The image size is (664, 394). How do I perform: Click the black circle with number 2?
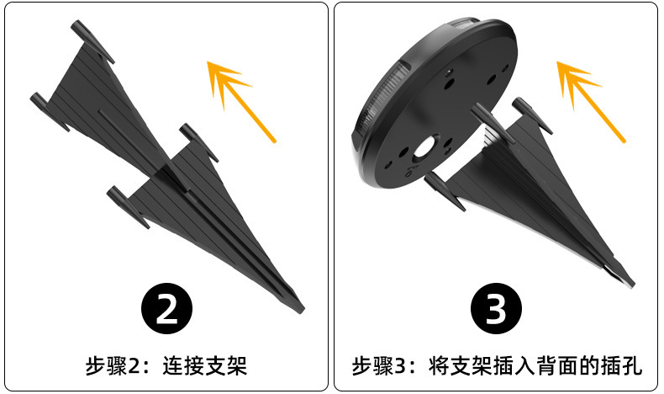(x=166, y=308)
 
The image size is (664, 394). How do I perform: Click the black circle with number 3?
(x=496, y=308)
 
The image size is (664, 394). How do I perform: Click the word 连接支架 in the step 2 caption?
(x=204, y=365)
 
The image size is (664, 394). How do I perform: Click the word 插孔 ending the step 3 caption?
(x=622, y=365)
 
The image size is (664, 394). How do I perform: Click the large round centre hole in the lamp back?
(x=424, y=149)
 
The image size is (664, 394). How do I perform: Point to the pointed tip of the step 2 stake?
(x=303, y=311)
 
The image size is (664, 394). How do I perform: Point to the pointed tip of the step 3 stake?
(x=632, y=285)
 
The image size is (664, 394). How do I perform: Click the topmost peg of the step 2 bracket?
(x=92, y=41)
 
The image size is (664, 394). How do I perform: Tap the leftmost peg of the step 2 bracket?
(x=50, y=111)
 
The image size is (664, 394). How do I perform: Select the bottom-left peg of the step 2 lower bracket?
(x=128, y=207)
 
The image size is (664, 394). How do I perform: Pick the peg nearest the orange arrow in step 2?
(x=198, y=142)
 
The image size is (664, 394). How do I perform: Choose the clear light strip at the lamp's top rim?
(x=466, y=24)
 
